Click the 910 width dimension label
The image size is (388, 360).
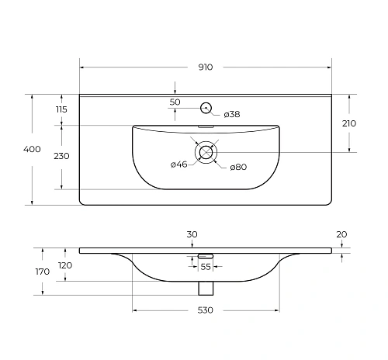coord(205,67)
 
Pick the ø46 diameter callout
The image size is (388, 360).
coord(178,164)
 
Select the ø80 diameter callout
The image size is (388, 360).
coord(237,168)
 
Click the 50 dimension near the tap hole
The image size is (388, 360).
coord(175,102)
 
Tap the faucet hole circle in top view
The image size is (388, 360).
coord(206,108)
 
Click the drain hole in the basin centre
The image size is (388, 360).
coord(206,151)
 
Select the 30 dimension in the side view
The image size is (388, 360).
coord(192,234)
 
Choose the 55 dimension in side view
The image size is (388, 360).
coord(206,266)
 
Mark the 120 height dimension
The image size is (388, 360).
coord(66,265)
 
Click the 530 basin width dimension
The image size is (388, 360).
coord(206,310)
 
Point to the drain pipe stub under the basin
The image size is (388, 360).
coord(206,288)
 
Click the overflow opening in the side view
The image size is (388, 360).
coord(206,254)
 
